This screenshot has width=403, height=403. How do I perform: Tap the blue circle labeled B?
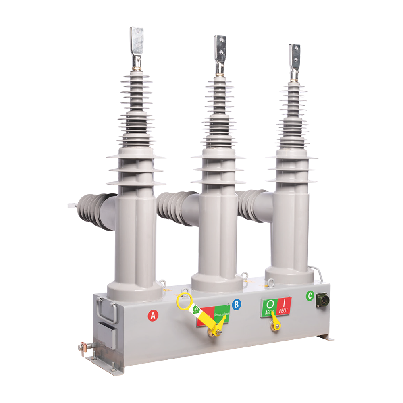coord(237,305)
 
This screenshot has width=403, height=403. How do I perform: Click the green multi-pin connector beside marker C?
coord(322,301)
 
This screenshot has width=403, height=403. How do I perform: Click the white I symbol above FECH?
coord(285,302)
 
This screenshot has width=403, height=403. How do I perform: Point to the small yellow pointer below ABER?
coord(276,322)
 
